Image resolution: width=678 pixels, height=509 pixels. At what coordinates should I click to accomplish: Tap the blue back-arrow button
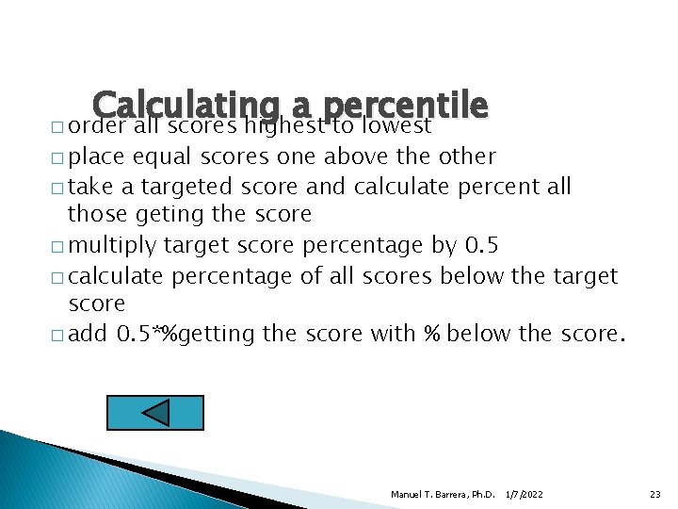click(x=155, y=413)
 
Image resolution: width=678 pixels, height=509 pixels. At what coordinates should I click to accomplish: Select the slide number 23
click(x=655, y=494)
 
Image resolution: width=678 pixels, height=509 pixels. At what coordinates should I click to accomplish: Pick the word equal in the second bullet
click(x=167, y=156)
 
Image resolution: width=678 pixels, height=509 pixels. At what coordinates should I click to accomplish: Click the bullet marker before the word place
click(x=59, y=157)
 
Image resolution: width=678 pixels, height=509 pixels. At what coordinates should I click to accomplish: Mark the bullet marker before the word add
click(x=59, y=336)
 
